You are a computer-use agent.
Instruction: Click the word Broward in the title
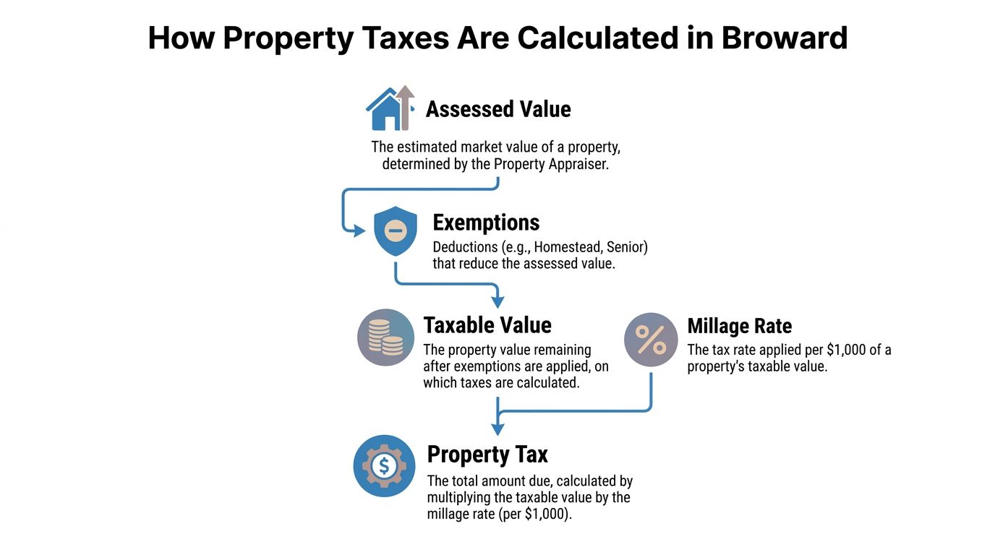point(785,38)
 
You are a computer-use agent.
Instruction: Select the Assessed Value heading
point(498,109)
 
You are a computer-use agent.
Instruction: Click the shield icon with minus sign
point(396,231)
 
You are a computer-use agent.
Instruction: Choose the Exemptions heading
point(486,222)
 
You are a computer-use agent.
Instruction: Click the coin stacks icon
point(385,338)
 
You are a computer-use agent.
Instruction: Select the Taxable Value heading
point(487,325)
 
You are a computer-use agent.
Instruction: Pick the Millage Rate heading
point(739,326)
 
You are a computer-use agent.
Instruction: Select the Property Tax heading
point(487,455)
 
